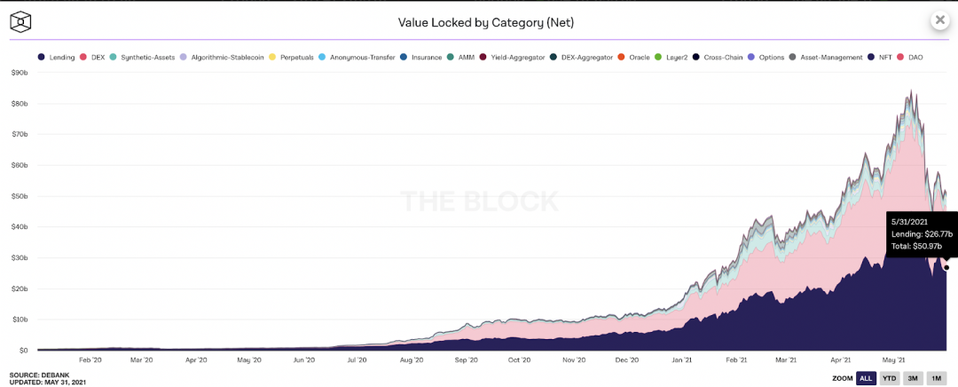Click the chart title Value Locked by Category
(480, 21)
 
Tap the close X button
(939, 20)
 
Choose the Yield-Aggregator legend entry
(515, 58)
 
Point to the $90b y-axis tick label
(20, 73)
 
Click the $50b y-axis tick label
(20, 196)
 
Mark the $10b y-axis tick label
(20, 320)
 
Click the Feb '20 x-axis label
(90, 360)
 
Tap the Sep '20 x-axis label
(467, 360)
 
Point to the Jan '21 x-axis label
(682, 360)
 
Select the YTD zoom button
(889, 378)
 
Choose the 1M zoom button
(935, 378)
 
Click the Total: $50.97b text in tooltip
(917, 245)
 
